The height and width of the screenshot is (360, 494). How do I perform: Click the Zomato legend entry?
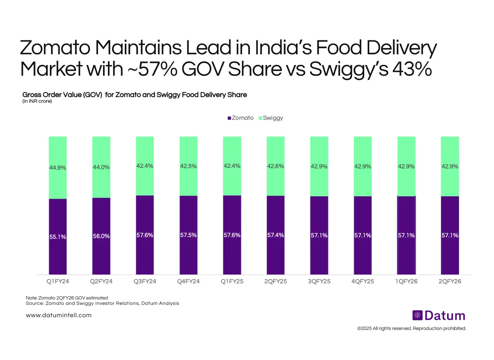241,118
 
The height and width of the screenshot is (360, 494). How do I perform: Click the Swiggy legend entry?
270,118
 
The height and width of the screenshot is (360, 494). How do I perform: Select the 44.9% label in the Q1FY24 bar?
58,168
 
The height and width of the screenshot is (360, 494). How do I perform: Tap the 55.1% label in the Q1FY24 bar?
58,237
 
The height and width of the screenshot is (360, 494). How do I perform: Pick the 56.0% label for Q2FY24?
101,237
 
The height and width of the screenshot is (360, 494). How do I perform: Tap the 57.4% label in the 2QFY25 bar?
275,235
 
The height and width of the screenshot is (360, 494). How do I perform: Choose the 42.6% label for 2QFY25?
275,167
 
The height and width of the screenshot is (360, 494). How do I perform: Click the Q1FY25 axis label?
232,282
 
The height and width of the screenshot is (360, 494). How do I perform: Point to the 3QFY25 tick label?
319,282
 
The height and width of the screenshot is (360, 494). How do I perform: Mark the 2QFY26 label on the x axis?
450,282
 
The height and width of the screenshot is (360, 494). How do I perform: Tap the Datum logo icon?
417,316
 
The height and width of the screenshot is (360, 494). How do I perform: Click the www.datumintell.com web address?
58,315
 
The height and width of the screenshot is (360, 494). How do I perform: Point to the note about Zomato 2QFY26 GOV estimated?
67,297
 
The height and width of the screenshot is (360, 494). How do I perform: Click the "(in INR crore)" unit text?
37,101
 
